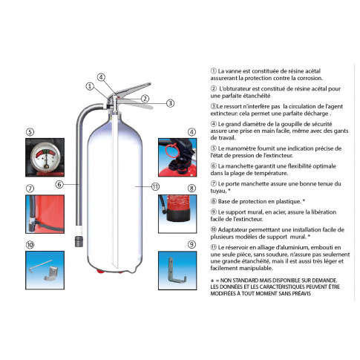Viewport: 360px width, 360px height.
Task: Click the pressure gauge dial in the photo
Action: pos(45,157)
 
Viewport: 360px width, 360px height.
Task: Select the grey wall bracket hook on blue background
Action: pos(177,270)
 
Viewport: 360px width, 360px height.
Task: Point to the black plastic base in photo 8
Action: pos(177,215)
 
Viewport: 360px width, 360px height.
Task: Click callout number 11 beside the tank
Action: pos(155,186)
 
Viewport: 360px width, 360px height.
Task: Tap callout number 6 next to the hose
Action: pos(59,184)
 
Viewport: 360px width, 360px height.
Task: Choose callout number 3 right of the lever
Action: pos(170,103)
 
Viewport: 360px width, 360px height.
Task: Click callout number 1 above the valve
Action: pos(90,86)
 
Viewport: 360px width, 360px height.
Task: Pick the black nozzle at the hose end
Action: pos(79,240)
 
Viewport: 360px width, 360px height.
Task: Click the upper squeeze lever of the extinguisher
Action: pos(134,88)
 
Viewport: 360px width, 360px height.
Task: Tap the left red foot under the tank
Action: pos(100,271)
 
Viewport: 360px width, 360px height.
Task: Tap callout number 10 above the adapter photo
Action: pos(30,245)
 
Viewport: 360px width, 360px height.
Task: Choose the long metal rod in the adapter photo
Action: pos(40,266)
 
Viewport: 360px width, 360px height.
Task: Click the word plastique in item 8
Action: pos(288,202)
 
